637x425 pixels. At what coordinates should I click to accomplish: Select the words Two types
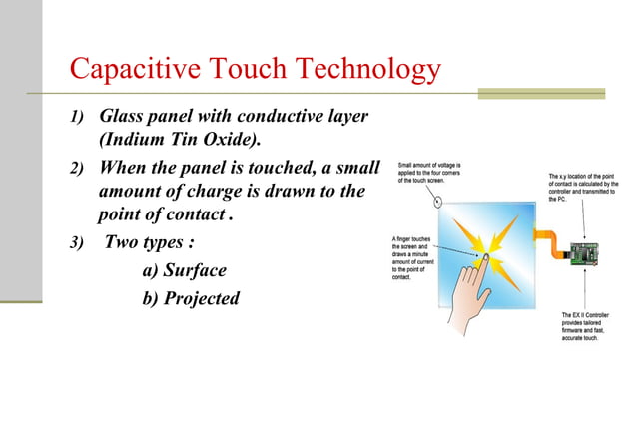(x=151, y=241)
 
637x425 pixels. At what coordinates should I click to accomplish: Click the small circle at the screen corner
(x=437, y=199)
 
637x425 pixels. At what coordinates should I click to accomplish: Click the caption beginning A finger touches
(x=417, y=257)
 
